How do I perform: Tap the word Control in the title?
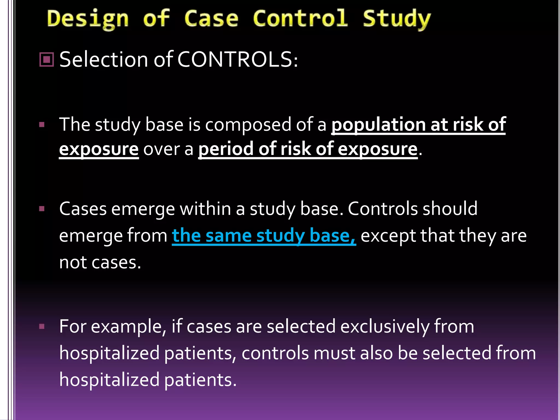click(x=300, y=19)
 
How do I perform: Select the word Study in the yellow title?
click(x=396, y=19)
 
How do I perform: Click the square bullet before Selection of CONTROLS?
click(x=47, y=59)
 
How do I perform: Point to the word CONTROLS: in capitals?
click(x=237, y=59)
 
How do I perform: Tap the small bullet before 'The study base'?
click(x=42, y=125)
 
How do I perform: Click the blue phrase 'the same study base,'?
click(x=264, y=236)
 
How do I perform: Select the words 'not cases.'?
click(x=100, y=262)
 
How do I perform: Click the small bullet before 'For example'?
click(x=42, y=326)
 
